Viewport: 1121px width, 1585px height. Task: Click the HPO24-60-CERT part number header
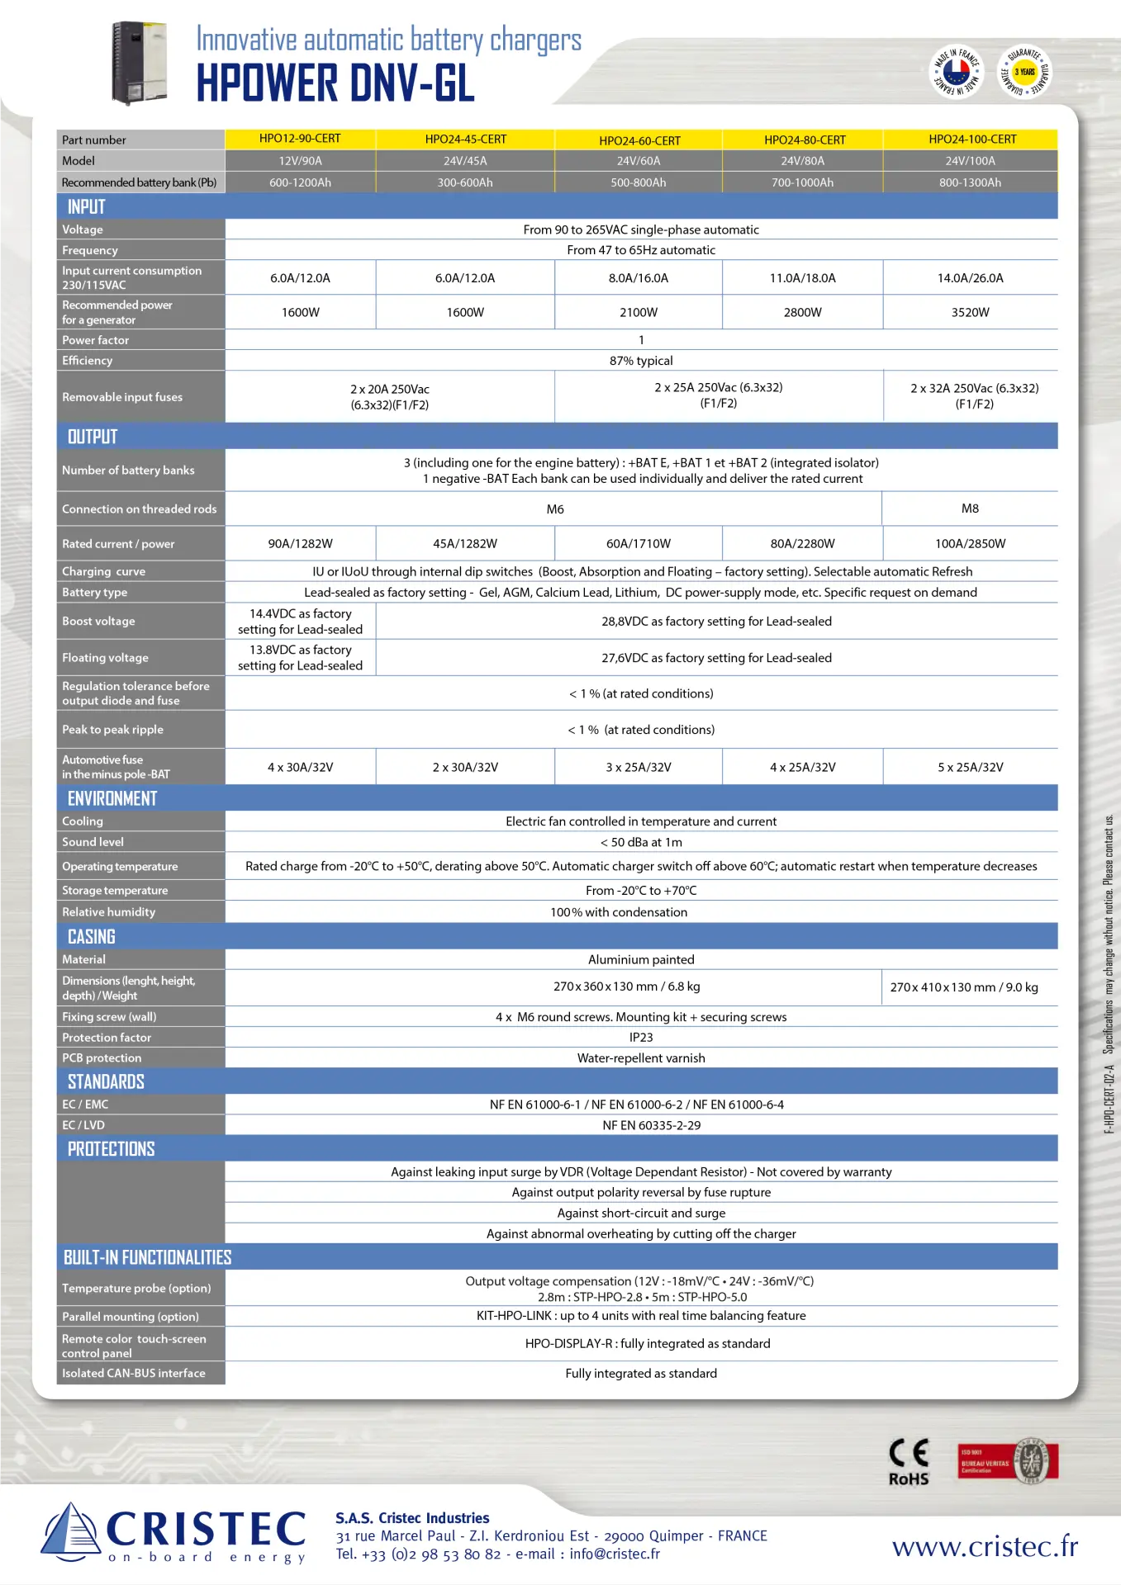pos(639,140)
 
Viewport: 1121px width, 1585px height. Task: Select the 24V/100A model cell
pos(970,161)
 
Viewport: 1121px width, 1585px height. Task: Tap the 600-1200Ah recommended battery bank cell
pos(300,182)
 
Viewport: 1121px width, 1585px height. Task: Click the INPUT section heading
pos(87,206)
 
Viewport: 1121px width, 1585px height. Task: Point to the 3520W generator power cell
pos(970,312)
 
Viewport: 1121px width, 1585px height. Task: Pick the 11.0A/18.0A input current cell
pos(802,278)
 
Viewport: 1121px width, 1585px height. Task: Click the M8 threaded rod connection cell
pos(970,509)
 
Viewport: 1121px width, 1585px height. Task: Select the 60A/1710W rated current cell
pos(638,543)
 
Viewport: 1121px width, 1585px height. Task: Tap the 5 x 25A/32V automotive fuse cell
pos(970,767)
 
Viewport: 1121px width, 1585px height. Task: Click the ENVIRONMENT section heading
pos(112,798)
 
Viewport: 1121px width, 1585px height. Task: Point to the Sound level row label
pos(93,842)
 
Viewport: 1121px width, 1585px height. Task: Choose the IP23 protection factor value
pos(641,1037)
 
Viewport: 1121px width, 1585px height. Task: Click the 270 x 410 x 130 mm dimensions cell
pos(964,986)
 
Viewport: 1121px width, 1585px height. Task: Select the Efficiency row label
pos(87,361)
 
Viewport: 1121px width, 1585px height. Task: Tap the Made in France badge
pos(957,71)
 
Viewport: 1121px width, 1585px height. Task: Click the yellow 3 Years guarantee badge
pos(1025,71)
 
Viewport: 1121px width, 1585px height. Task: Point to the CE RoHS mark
pos(909,1462)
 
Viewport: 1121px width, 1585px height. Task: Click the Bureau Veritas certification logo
pos(1008,1462)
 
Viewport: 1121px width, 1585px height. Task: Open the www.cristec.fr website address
pos(985,1546)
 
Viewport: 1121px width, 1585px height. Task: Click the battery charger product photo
pos(140,63)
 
